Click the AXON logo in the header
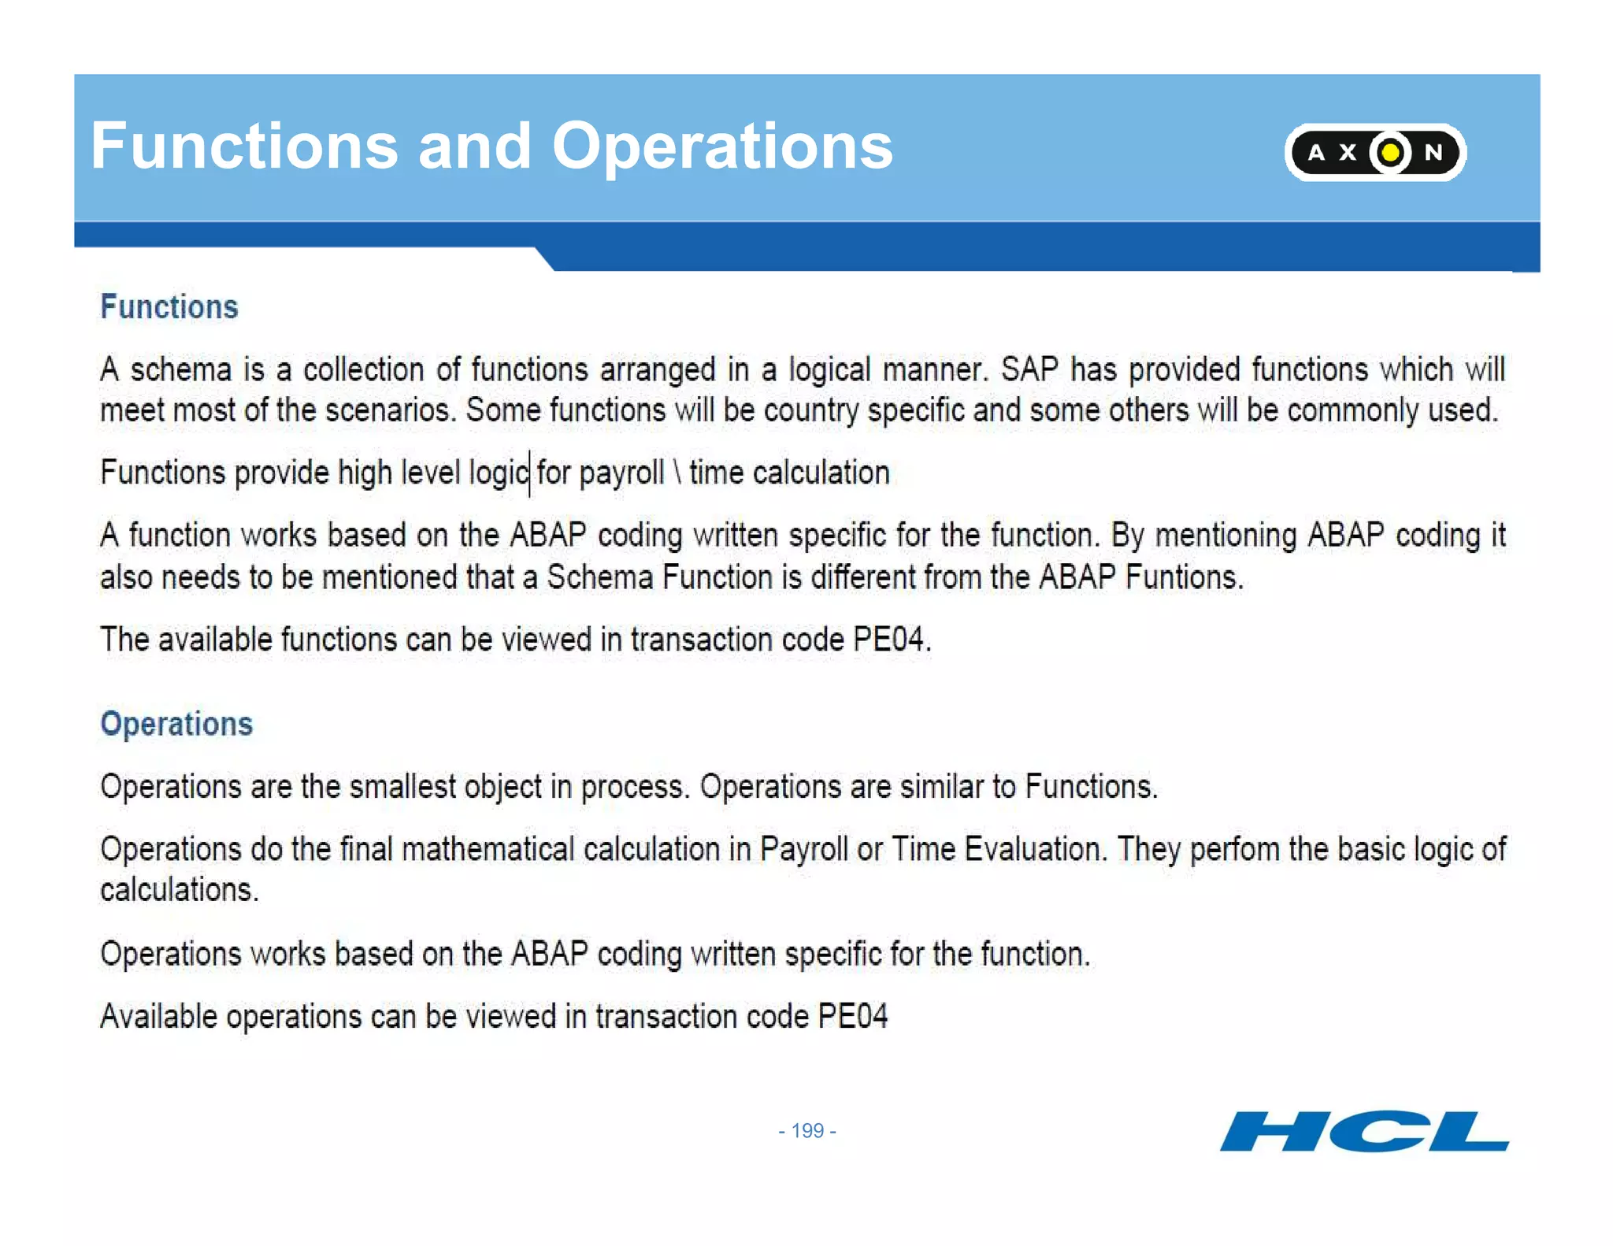[1374, 152]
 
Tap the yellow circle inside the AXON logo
[1390, 152]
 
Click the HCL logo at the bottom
[1364, 1132]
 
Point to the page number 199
[807, 1131]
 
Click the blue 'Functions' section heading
[169, 307]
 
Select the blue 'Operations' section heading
[176, 724]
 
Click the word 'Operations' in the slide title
[721, 146]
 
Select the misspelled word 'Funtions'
[1184, 577]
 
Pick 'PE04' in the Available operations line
[852, 1017]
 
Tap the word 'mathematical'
[488, 850]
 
